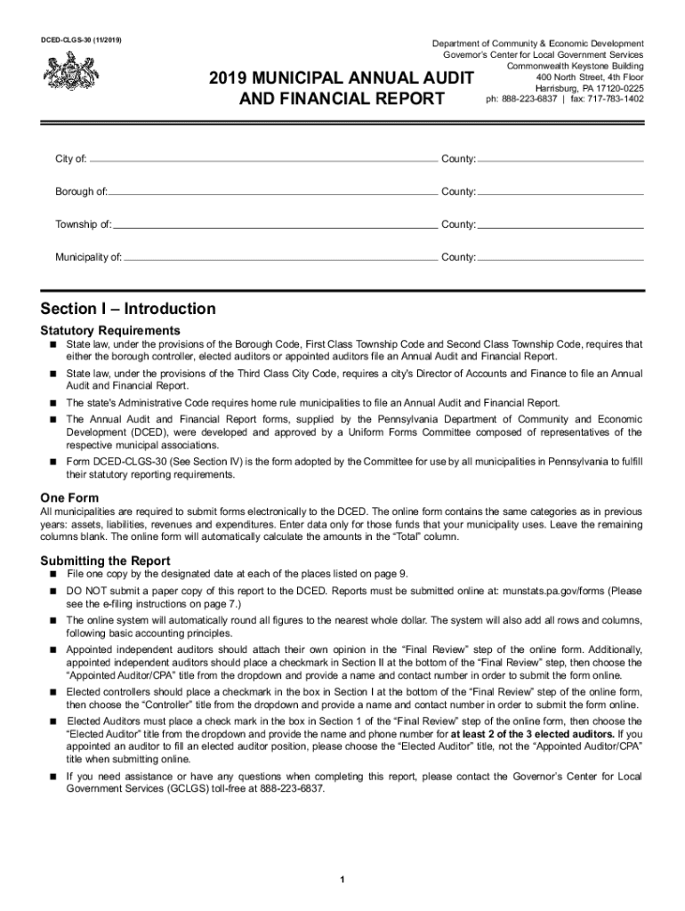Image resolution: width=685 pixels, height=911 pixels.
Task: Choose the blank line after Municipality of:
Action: (278, 258)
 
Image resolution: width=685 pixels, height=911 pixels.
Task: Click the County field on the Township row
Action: (560, 225)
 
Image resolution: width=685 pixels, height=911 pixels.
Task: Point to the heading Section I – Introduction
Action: (128, 309)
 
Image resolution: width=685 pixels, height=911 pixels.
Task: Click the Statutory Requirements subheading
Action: (110, 331)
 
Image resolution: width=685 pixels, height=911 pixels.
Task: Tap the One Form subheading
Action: (69, 497)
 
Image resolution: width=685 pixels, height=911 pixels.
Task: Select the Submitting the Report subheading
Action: (106, 560)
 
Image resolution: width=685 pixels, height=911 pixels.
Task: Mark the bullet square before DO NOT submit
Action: (54, 591)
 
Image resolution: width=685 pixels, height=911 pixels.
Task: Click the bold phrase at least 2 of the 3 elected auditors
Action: (532, 735)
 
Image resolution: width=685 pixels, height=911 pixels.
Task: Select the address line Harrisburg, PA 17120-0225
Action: (589, 88)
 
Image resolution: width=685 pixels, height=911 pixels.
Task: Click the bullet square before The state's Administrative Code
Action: (54, 403)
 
